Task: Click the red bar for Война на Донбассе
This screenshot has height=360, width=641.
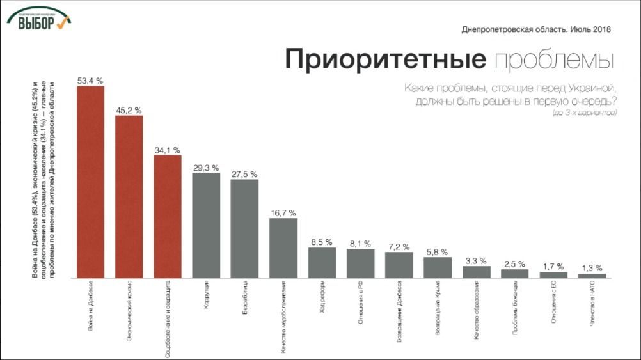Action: coord(90,182)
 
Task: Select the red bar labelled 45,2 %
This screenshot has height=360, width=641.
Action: coord(129,196)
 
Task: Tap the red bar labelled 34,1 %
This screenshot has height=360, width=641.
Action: coord(168,216)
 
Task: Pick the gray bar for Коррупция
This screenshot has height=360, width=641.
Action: coord(206,225)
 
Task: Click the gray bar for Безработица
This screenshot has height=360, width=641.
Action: coord(244,228)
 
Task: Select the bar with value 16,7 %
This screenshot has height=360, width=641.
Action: coord(283,248)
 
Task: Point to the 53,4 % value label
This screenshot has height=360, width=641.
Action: coord(90,81)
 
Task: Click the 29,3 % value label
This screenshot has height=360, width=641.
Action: coord(206,168)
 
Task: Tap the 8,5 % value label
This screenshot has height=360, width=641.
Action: coord(322,242)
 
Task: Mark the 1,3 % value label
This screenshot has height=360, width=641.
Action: coord(592,268)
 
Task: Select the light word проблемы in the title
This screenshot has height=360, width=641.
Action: coord(555,61)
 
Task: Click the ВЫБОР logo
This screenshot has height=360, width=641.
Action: coord(39,20)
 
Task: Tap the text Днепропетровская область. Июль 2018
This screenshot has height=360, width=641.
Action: coord(536,29)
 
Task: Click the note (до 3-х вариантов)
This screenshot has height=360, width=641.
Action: coord(583,113)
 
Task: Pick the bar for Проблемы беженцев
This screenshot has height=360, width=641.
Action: coord(514,273)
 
